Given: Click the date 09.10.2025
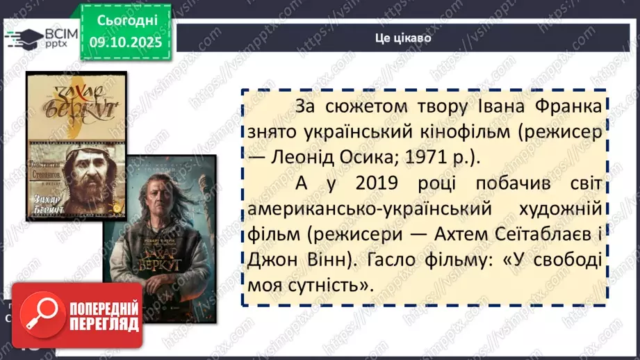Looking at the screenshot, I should click(126, 43).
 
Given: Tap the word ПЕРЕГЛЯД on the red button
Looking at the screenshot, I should click(102, 324).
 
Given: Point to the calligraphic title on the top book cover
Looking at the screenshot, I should click(76, 101).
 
